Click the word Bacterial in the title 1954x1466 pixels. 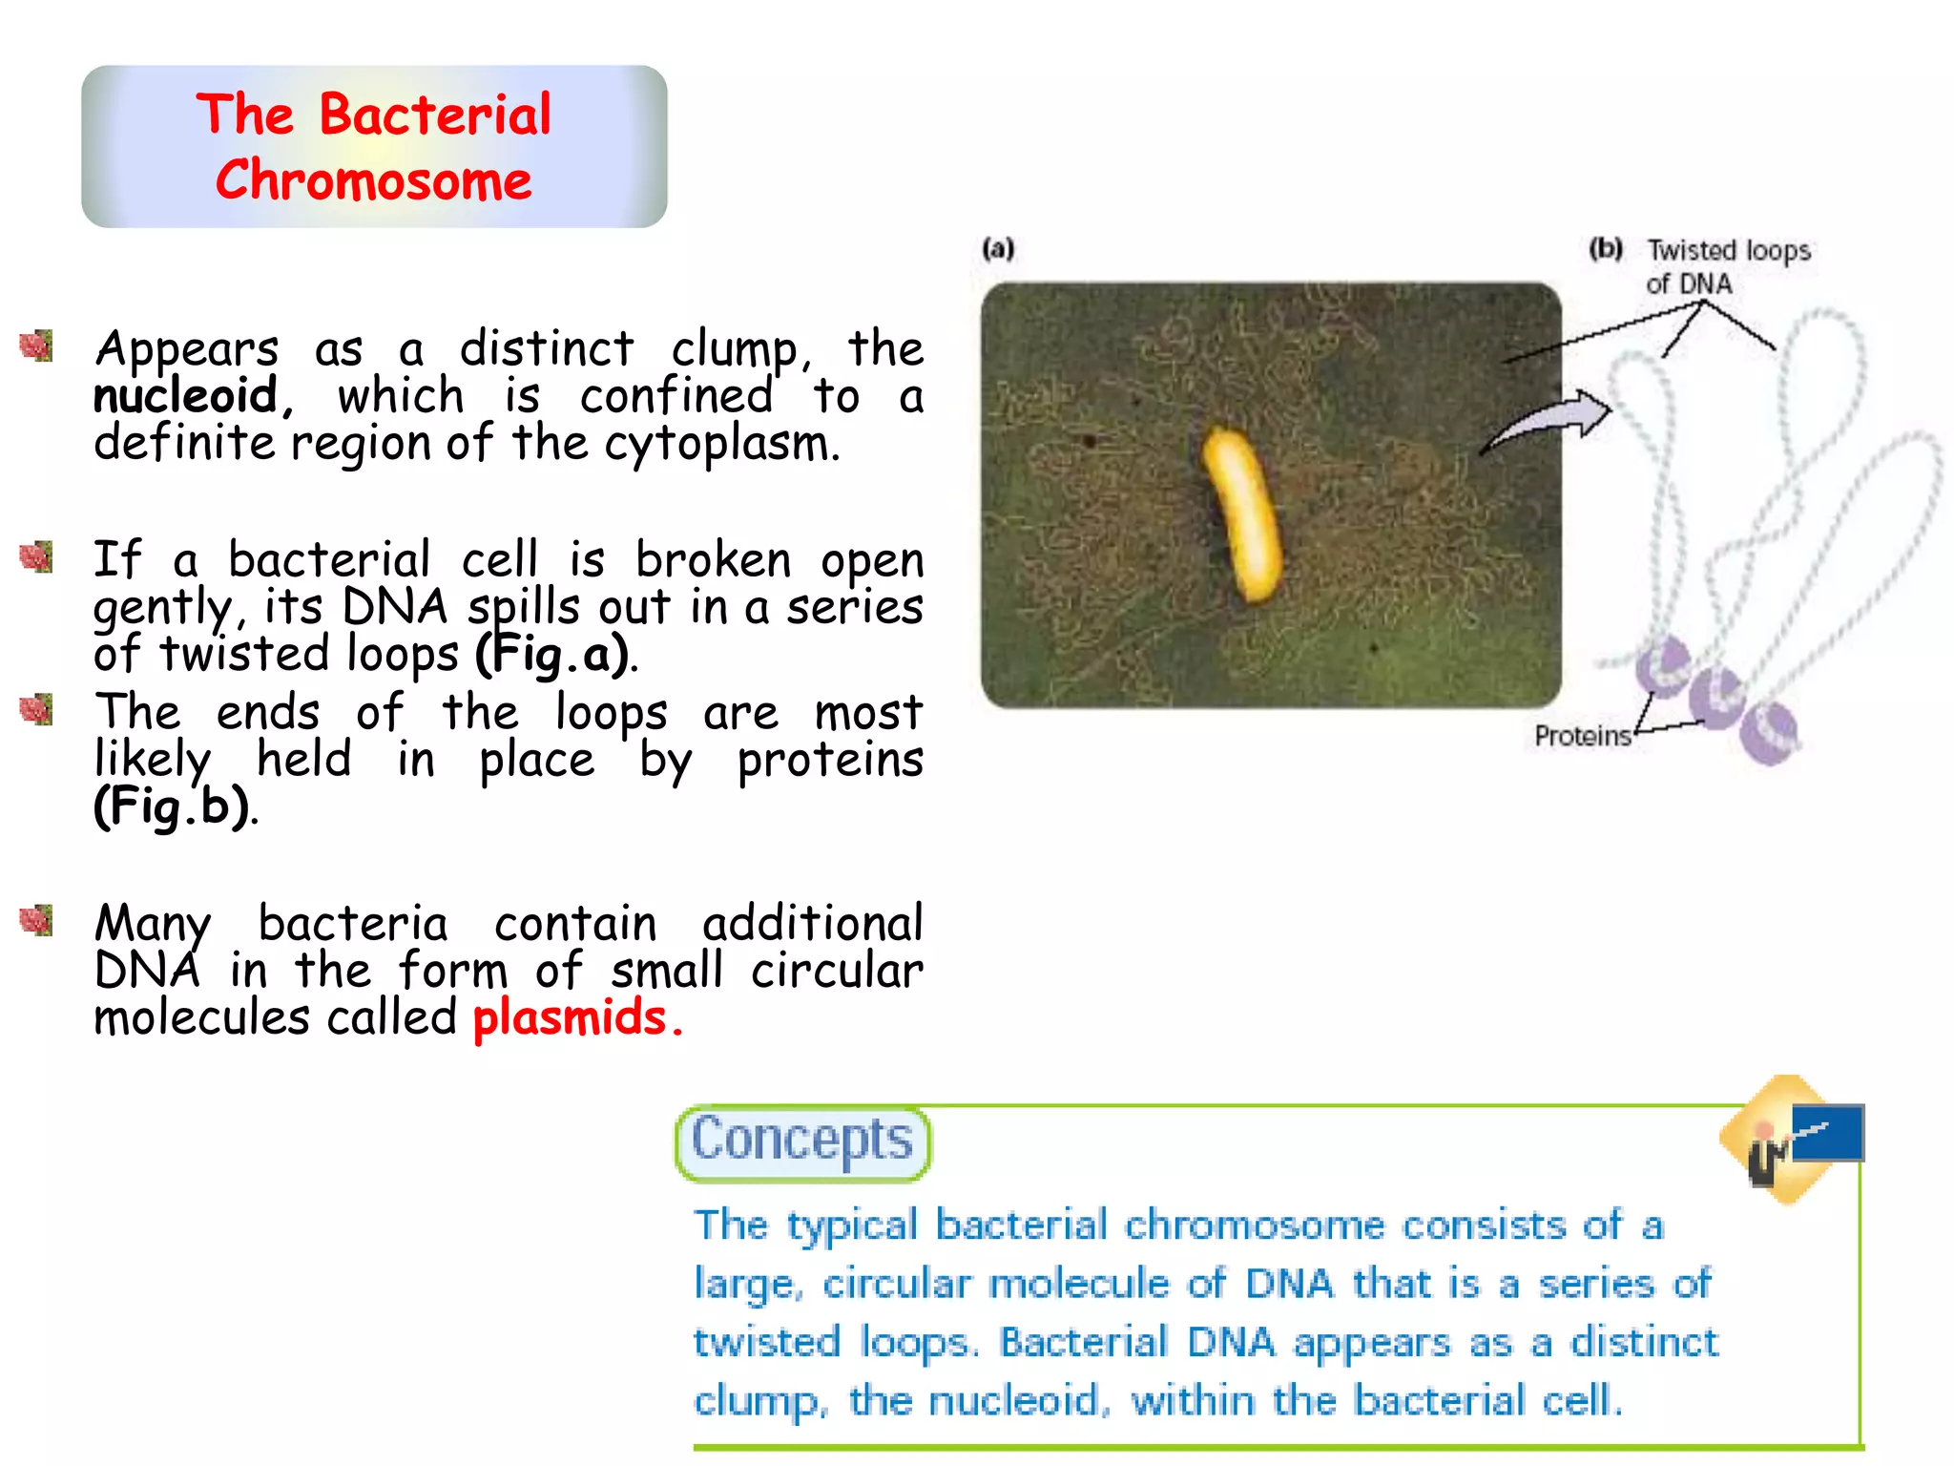pos(435,115)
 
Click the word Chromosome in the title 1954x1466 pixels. pos(373,181)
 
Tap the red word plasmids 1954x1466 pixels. pos(571,1017)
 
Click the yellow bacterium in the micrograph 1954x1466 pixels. pos(1241,515)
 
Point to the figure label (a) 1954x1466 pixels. pos(998,249)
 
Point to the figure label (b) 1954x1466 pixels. pos(1606,249)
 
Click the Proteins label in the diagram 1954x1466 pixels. pos(1583,736)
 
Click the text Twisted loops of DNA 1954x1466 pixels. pos(1727,266)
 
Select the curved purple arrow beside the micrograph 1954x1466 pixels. pos(1550,420)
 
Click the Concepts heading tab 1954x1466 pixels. pos(801,1141)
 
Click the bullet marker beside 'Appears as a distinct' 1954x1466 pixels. pos(36,346)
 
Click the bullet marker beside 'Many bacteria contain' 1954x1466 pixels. pos(36,920)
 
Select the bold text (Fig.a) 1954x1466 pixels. pos(553,655)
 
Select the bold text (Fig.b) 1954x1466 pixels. pos(173,806)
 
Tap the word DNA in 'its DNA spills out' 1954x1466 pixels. pos(394,607)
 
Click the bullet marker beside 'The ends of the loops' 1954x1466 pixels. pos(36,709)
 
